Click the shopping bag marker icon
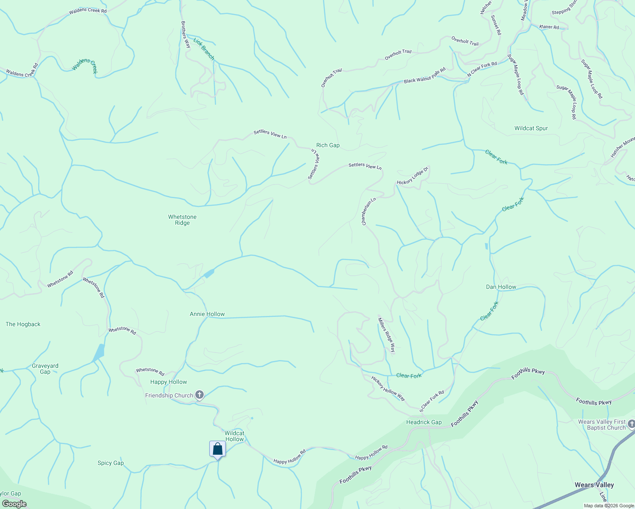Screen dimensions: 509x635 (x=217, y=449)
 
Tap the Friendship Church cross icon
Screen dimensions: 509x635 (x=199, y=395)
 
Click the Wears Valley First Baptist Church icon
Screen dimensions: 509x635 (x=631, y=424)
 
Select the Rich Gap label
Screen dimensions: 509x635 (x=328, y=145)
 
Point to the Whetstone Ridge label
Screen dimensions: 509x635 (x=182, y=220)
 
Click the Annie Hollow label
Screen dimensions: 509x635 (x=207, y=314)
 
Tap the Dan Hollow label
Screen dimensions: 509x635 (x=501, y=287)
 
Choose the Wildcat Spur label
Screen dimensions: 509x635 (x=531, y=128)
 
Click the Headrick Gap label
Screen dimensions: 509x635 (x=424, y=422)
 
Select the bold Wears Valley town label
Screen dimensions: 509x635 (x=594, y=485)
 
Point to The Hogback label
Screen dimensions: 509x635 (x=23, y=324)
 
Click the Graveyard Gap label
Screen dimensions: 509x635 (x=45, y=369)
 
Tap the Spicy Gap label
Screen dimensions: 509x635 (x=110, y=463)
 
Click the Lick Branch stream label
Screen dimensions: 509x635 (x=204, y=49)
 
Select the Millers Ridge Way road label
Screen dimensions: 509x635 (x=387, y=335)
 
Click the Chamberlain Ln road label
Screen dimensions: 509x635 (x=369, y=211)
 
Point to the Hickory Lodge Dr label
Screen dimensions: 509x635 (x=413, y=176)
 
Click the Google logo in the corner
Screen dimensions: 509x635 (x=14, y=504)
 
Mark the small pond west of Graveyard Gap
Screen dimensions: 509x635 (x=99, y=352)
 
